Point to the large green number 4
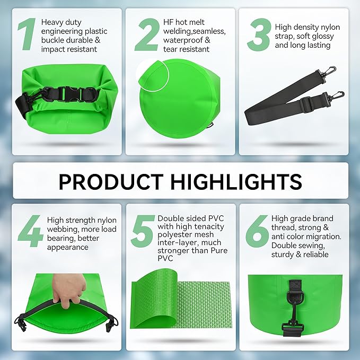tap(31, 231)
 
